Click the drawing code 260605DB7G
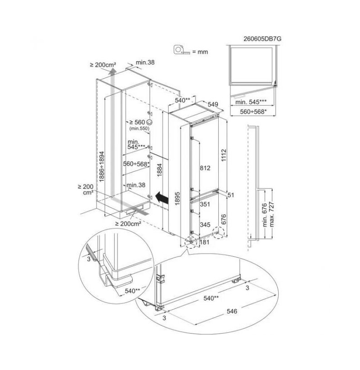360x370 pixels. click(x=262, y=39)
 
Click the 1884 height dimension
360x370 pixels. click(x=160, y=170)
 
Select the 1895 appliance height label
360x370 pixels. click(x=178, y=198)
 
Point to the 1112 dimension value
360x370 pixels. click(x=224, y=155)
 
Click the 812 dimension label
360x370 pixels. click(x=205, y=168)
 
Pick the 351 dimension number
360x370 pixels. click(x=205, y=204)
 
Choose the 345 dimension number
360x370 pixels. click(x=205, y=225)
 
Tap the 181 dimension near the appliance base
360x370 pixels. click(x=205, y=242)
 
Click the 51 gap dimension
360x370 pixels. click(x=231, y=195)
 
